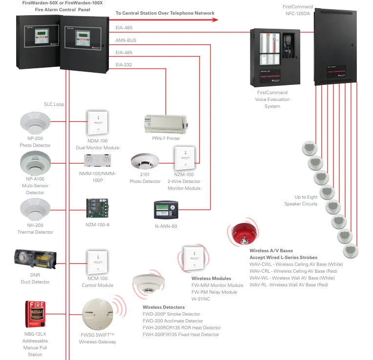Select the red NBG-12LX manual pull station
click(x=35, y=315)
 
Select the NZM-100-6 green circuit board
click(x=97, y=208)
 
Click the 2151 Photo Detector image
click(x=145, y=163)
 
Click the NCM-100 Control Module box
click(x=97, y=263)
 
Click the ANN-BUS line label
click(x=126, y=40)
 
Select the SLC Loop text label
click(x=54, y=104)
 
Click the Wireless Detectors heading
click(x=164, y=307)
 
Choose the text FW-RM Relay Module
click(x=214, y=292)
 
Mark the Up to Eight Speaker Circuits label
click(x=301, y=200)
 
